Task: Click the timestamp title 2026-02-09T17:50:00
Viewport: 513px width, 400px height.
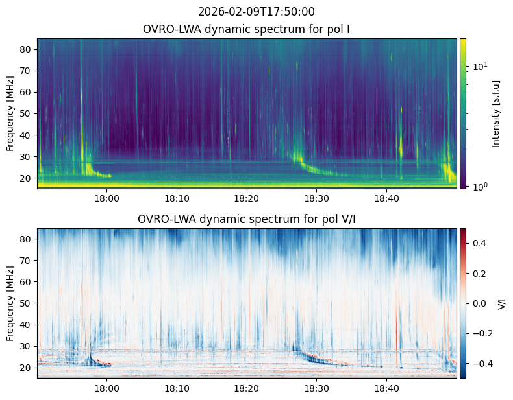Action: (x=256, y=12)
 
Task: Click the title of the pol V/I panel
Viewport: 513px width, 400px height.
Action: (x=247, y=219)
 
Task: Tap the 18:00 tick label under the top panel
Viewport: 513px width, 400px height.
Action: (x=107, y=198)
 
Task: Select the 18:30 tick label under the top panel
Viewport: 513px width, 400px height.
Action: (x=316, y=198)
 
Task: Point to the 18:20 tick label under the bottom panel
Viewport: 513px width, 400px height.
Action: (x=247, y=388)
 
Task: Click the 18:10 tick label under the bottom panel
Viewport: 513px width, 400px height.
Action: (x=177, y=388)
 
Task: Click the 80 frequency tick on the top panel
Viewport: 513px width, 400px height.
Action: (x=28, y=49)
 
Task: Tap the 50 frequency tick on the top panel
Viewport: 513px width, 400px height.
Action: (x=28, y=113)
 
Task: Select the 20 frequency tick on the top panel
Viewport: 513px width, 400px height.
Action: (x=28, y=178)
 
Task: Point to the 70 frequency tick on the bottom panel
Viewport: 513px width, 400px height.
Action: (x=28, y=261)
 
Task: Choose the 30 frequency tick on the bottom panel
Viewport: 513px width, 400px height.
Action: (x=28, y=346)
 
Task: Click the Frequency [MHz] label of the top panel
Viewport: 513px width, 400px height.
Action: (x=10, y=113)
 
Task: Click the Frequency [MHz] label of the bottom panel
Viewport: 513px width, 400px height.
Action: (x=10, y=303)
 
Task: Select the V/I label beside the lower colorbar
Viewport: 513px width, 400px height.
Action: (x=501, y=303)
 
